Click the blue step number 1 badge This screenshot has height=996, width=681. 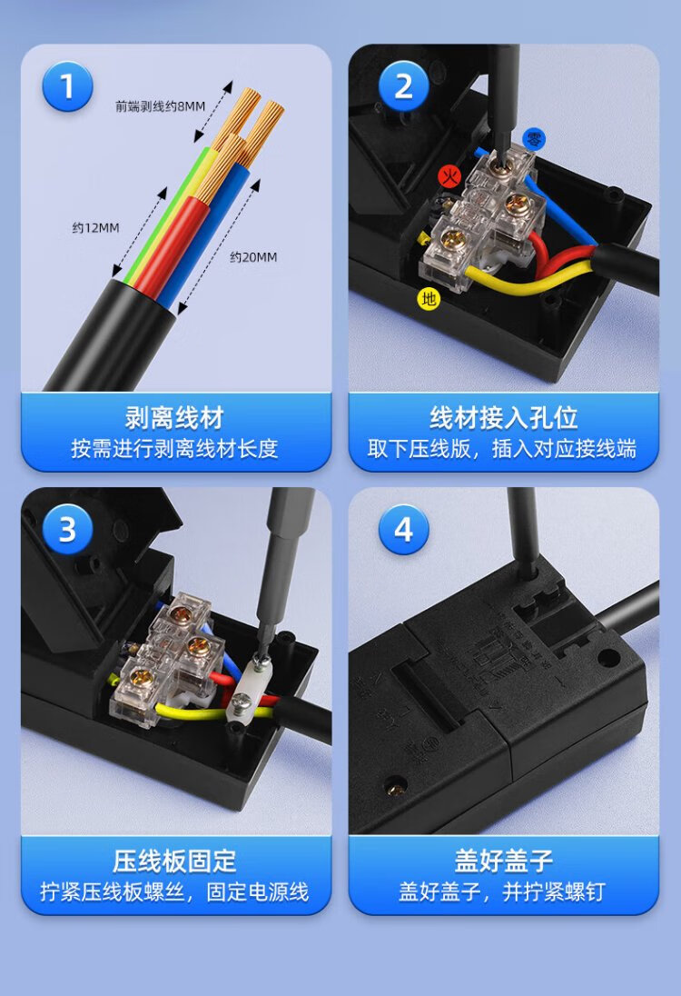(x=67, y=85)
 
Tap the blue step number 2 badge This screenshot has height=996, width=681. (x=404, y=85)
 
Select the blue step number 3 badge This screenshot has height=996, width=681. (x=67, y=529)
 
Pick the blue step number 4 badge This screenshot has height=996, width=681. (x=404, y=529)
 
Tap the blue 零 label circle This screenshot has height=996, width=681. (x=535, y=139)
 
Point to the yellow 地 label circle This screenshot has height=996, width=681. (x=429, y=298)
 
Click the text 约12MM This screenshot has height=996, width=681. (x=95, y=227)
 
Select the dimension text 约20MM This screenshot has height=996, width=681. (x=253, y=256)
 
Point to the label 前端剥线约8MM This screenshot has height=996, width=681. (x=160, y=106)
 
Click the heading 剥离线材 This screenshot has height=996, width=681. (x=174, y=418)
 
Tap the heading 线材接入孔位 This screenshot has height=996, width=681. (x=504, y=418)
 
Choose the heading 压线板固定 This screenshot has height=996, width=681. (x=174, y=862)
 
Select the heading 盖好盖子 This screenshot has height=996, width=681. (x=504, y=862)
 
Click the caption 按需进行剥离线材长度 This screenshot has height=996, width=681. (x=174, y=448)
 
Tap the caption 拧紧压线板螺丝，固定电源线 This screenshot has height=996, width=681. (x=174, y=891)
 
